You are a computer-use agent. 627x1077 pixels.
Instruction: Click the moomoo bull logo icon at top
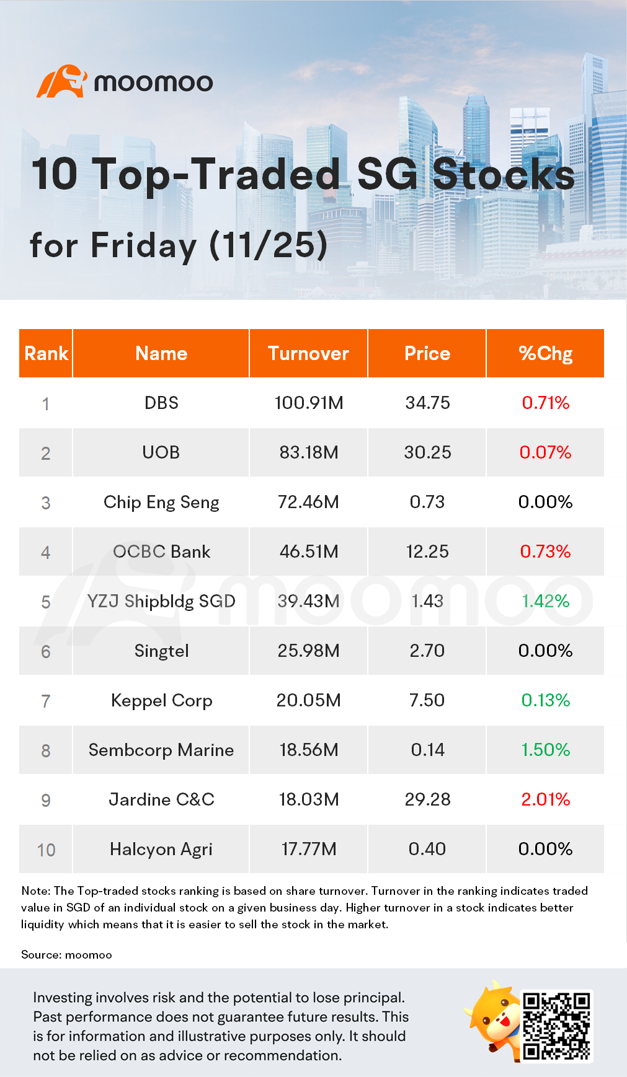click(61, 81)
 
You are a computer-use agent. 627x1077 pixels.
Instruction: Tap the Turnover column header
click(308, 353)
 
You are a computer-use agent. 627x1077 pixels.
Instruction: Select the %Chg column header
click(545, 353)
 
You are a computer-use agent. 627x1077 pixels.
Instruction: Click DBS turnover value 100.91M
click(308, 403)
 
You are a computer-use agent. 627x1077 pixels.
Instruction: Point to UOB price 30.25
click(427, 452)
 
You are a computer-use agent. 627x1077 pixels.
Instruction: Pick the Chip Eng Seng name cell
click(161, 502)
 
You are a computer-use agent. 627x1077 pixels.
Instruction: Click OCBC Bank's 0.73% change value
click(545, 552)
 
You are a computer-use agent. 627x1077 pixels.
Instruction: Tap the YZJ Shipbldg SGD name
click(161, 601)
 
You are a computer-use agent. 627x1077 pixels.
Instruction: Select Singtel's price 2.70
click(427, 651)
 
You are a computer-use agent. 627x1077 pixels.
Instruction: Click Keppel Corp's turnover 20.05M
click(308, 700)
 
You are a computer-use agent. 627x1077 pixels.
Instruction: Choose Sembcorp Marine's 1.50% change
click(545, 750)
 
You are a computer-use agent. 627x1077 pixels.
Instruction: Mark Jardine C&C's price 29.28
click(427, 799)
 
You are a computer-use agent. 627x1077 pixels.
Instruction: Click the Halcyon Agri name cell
click(161, 849)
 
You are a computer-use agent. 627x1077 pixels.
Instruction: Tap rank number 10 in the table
click(46, 850)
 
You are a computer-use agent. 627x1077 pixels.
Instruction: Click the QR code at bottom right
click(556, 1026)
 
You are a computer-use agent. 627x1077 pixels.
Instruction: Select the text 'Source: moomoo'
click(66, 955)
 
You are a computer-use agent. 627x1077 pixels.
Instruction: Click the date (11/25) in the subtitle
click(268, 245)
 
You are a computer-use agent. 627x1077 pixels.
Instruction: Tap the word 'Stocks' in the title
click(503, 174)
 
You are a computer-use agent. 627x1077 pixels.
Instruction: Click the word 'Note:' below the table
click(35, 891)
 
